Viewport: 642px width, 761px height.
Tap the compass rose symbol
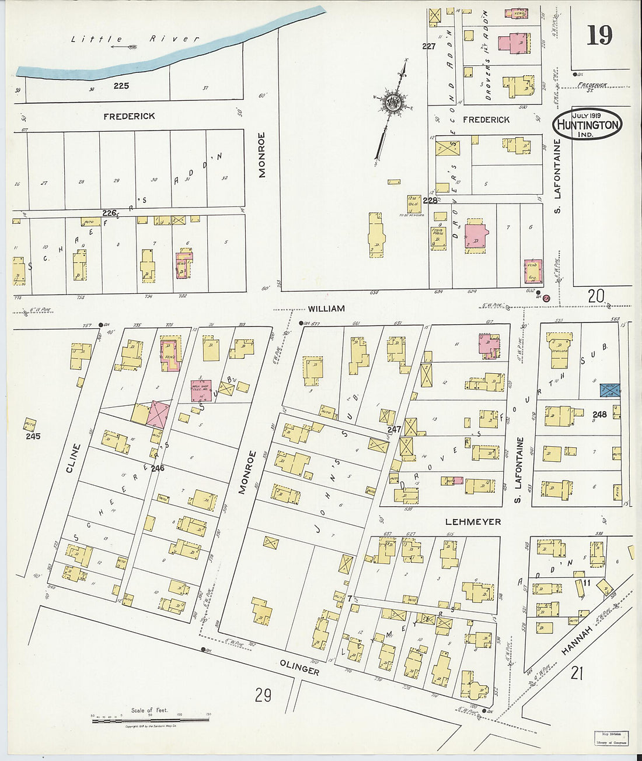[x=392, y=103]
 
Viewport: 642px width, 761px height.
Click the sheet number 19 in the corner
[x=599, y=36]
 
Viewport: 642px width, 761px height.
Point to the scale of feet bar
[x=150, y=721]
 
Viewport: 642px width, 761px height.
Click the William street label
[x=326, y=308]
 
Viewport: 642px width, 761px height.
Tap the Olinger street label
[x=299, y=668]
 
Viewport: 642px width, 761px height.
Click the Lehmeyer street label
[x=473, y=522]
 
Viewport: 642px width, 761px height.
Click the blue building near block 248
[x=610, y=391]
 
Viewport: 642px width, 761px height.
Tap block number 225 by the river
[x=121, y=86]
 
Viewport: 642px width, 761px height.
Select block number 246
[x=158, y=468]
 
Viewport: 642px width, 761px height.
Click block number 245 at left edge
[x=33, y=436]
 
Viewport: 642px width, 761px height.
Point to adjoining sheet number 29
[x=263, y=695]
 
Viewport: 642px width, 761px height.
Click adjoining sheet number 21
[x=577, y=674]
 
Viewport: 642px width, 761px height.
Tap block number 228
[x=430, y=201]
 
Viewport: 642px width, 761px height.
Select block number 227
[x=429, y=46]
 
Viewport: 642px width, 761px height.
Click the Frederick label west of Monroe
[x=129, y=117]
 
